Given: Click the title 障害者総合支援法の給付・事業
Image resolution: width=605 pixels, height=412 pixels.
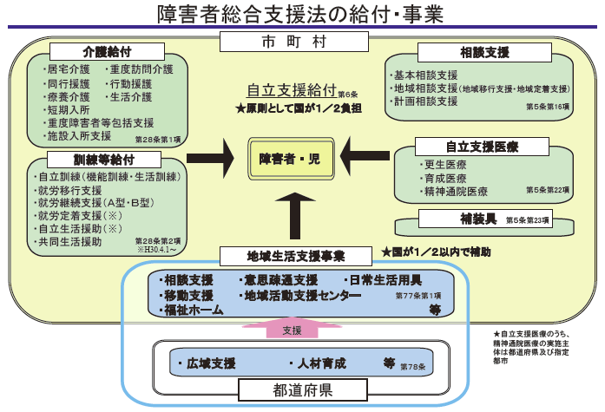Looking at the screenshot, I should coord(302,14).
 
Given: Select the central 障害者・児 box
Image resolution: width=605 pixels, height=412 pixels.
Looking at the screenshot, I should coord(292,158).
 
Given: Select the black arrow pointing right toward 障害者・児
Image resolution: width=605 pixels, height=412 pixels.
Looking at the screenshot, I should coord(212,157).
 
